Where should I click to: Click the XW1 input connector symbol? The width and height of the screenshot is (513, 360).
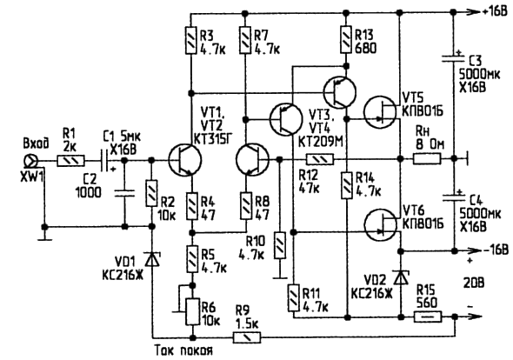tap(31, 161)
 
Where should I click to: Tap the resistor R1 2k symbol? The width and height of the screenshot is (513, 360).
tap(70, 161)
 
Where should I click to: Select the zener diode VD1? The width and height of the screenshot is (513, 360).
tap(151, 259)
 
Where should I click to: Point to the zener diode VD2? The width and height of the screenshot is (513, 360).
tap(401, 278)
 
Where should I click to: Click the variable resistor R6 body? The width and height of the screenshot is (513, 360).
tap(192, 311)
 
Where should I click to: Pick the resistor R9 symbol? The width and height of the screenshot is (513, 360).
tap(247, 337)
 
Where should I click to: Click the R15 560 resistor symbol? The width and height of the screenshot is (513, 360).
tap(428, 317)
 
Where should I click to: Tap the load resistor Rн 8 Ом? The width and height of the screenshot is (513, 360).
tap(427, 159)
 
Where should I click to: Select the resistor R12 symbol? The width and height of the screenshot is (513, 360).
tap(320, 159)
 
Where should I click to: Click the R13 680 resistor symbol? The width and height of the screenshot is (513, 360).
tap(346, 40)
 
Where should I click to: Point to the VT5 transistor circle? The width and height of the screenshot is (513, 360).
tap(380, 112)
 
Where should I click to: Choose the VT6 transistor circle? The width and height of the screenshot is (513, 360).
tap(380, 225)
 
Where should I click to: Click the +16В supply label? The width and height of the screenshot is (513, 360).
tap(495, 12)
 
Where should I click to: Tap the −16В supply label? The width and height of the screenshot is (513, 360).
tap(495, 250)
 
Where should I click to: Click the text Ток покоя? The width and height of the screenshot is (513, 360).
tap(184, 350)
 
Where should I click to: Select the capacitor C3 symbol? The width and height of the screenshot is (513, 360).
tap(453, 59)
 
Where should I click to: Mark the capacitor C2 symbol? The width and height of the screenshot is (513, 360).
tap(124, 193)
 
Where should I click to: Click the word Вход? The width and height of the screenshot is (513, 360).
tap(36, 143)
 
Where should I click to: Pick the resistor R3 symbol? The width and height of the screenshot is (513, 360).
tap(191, 40)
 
